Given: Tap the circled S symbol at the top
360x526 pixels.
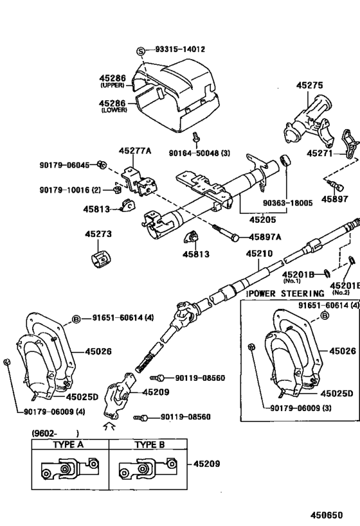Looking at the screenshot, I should coord(141,50).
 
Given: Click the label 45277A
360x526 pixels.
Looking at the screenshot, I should coord(135,151).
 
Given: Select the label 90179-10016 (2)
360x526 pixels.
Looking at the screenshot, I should coord(70,189).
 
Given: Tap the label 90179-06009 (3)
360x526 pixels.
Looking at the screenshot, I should coord(297,406).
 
